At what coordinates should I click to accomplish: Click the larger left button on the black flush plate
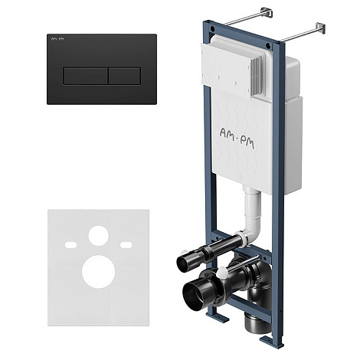point(85,76)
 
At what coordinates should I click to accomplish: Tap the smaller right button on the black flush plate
point(125,76)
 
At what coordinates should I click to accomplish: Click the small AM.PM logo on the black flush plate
point(57,39)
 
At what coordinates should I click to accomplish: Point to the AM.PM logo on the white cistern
point(237,138)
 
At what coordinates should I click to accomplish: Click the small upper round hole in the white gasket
point(99,236)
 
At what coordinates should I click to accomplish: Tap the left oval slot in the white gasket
point(70,245)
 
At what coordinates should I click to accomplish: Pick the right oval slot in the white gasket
point(126,245)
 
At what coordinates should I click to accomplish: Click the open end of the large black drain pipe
point(194,293)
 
